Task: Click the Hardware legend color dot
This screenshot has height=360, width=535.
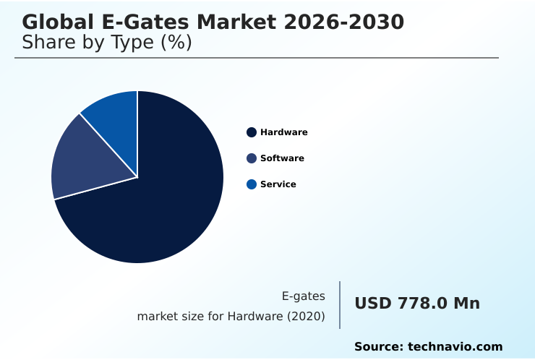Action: tap(252, 132)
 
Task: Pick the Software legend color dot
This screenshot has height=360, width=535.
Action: tap(252, 158)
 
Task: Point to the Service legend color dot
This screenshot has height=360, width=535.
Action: tap(252, 184)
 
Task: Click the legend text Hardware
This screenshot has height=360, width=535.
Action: tap(283, 132)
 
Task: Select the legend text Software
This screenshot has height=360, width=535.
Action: tap(282, 158)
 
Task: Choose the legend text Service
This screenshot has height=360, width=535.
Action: tap(278, 184)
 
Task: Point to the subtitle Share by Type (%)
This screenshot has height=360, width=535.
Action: tap(107, 43)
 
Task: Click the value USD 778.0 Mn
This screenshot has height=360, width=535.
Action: tap(417, 304)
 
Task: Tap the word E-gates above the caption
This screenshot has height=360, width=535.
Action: tap(303, 296)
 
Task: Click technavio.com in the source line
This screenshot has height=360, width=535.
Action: tap(455, 347)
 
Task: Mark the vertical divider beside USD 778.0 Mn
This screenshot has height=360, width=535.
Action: tap(340, 305)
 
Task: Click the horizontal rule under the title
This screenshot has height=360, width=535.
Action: tap(257, 58)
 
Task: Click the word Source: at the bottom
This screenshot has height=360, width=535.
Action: tap(378, 347)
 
